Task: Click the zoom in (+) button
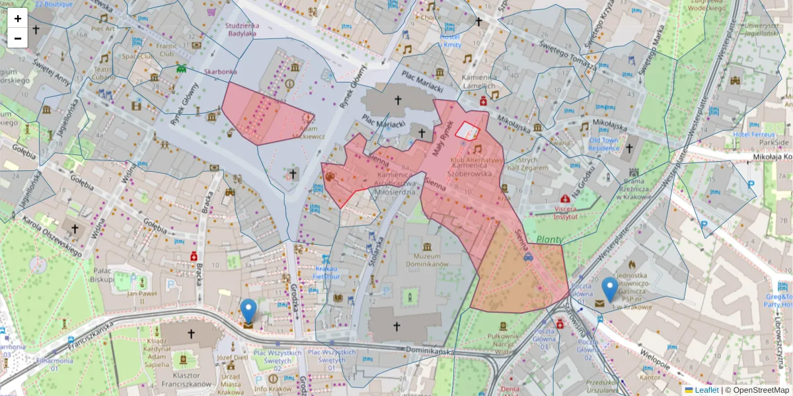(18, 18)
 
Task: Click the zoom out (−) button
(18, 38)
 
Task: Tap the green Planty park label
(549, 240)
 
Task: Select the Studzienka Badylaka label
(242, 29)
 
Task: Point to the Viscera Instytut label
(565, 212)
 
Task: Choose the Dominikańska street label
(430, 350)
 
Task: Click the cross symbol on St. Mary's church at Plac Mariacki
(398, 100)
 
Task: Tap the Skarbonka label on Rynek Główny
(221, 71)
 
